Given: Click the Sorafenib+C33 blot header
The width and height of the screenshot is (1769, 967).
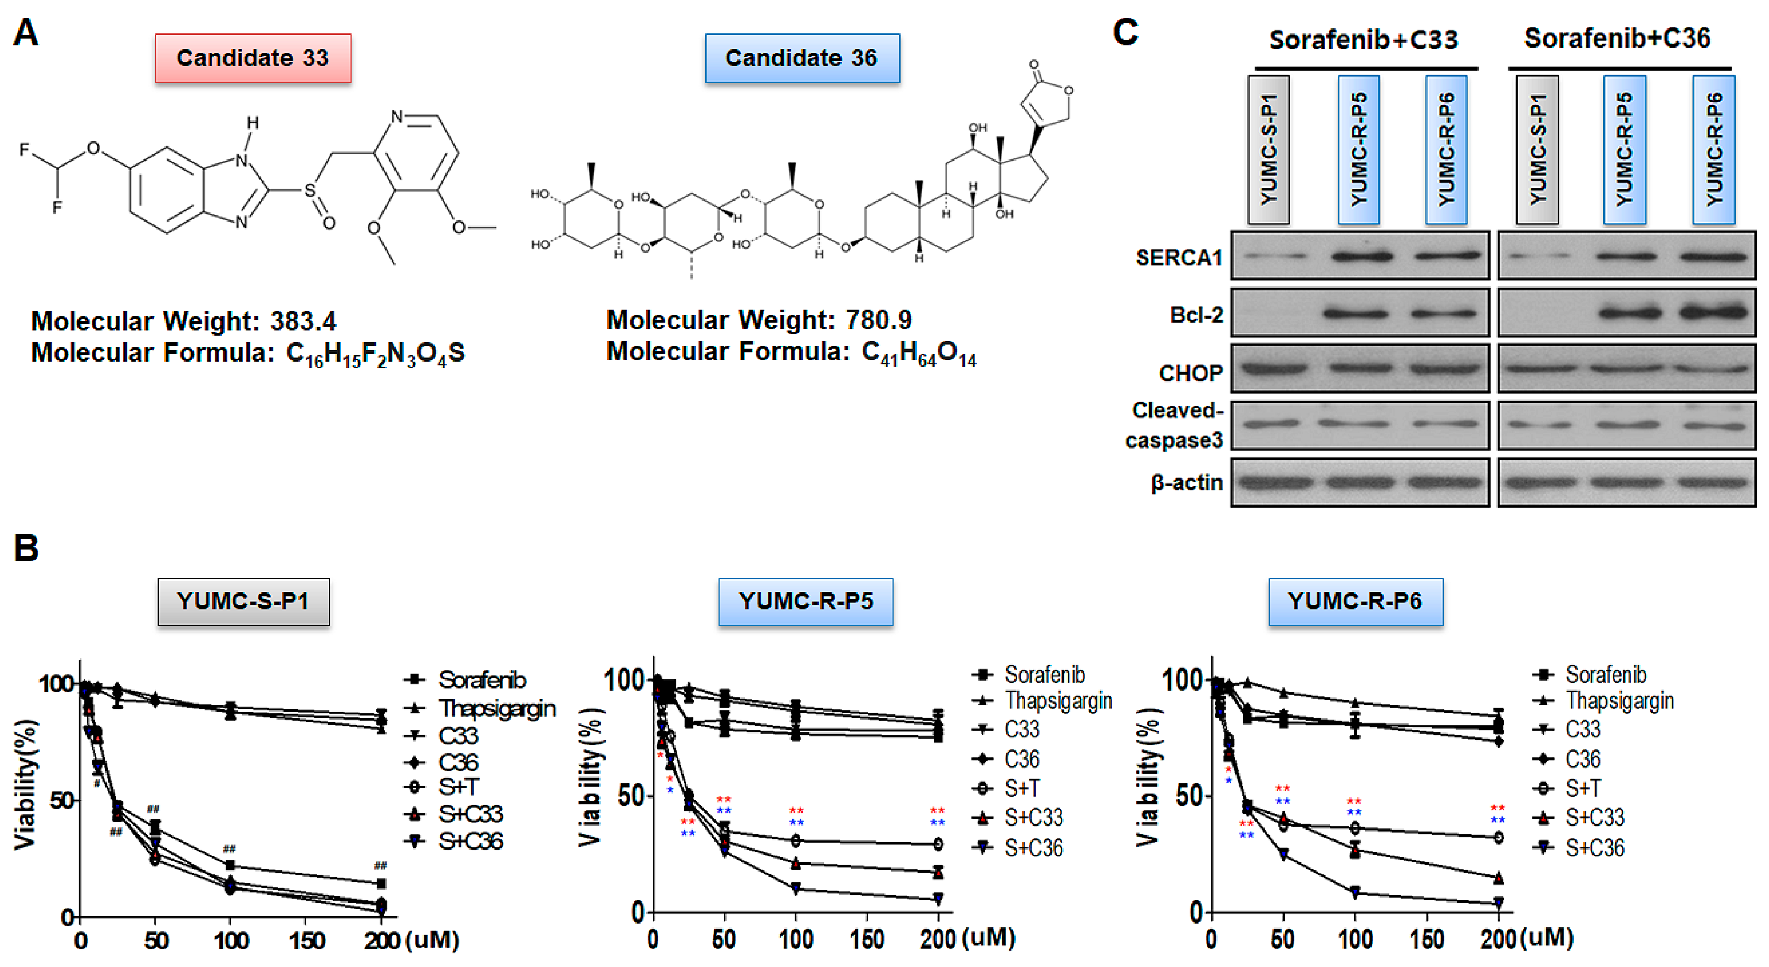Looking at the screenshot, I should coord(1363,40).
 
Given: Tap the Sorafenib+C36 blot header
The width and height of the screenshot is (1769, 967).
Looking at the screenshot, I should coord(1617,38).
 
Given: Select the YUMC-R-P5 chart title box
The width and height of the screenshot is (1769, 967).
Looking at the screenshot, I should coord(806,601).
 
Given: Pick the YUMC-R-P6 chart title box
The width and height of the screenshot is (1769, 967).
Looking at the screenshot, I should coord(1355,601).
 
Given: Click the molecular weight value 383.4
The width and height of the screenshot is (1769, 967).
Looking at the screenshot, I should coord(303,321).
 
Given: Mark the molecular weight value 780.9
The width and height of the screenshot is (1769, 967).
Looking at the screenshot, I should coord(878,320).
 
